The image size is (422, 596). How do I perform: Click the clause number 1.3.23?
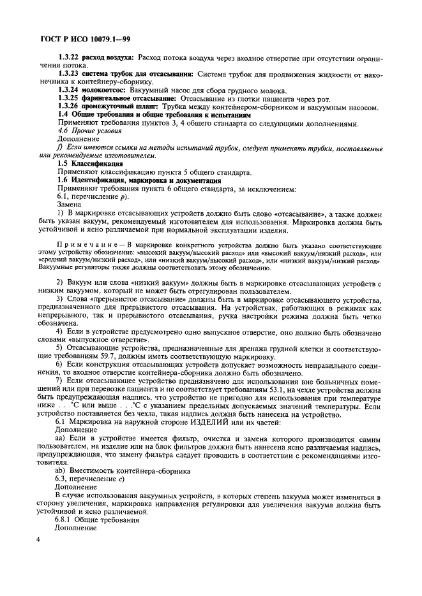click(x=70, y=74)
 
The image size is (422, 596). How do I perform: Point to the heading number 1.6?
click(x=64, y=180)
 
